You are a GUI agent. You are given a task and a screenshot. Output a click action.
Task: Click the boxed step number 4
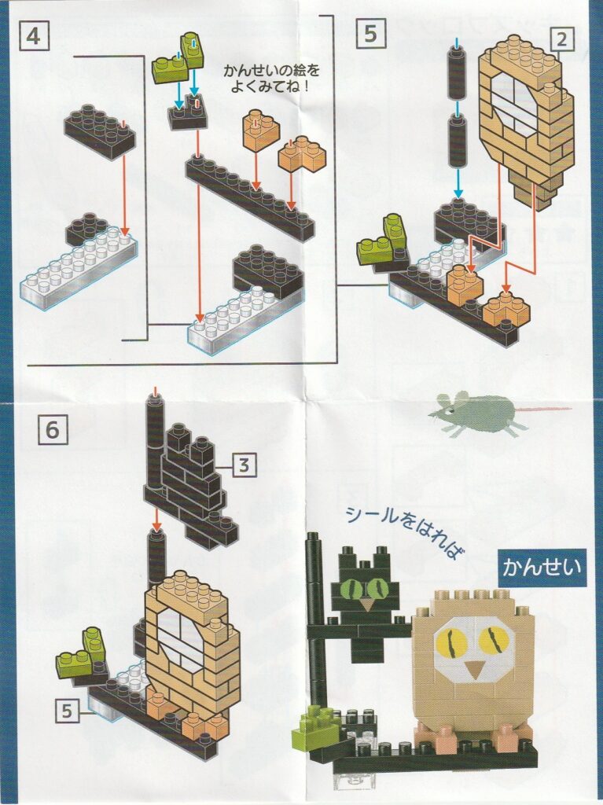(x=34, y=36)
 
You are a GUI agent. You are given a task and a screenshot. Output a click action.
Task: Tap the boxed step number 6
(x=53, y=428)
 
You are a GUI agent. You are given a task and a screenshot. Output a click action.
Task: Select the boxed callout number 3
(x=244, y=465)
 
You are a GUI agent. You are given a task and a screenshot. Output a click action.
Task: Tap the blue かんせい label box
(x=542, y=568)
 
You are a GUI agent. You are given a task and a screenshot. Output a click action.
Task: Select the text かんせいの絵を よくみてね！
(x=270, y=76)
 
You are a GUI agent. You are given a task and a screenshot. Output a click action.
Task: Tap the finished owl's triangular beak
(x=474, y=667)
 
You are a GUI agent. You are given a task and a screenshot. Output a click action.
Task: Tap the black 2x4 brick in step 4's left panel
(x=101, y=131)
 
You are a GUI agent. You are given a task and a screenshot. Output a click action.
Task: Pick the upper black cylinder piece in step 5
(x=457, y=72)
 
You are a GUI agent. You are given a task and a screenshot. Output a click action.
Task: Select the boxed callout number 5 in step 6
(x=67, y=711)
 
